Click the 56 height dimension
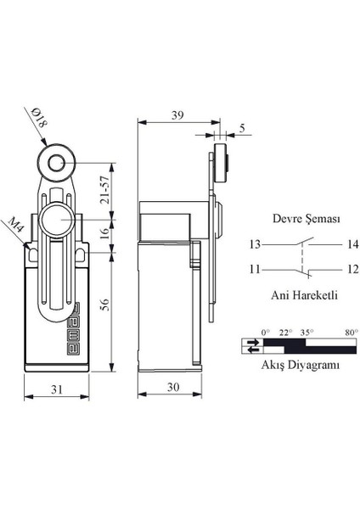tap(104, 305)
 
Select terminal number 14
tap(329, 244)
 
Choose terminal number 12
tap(329, 269)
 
